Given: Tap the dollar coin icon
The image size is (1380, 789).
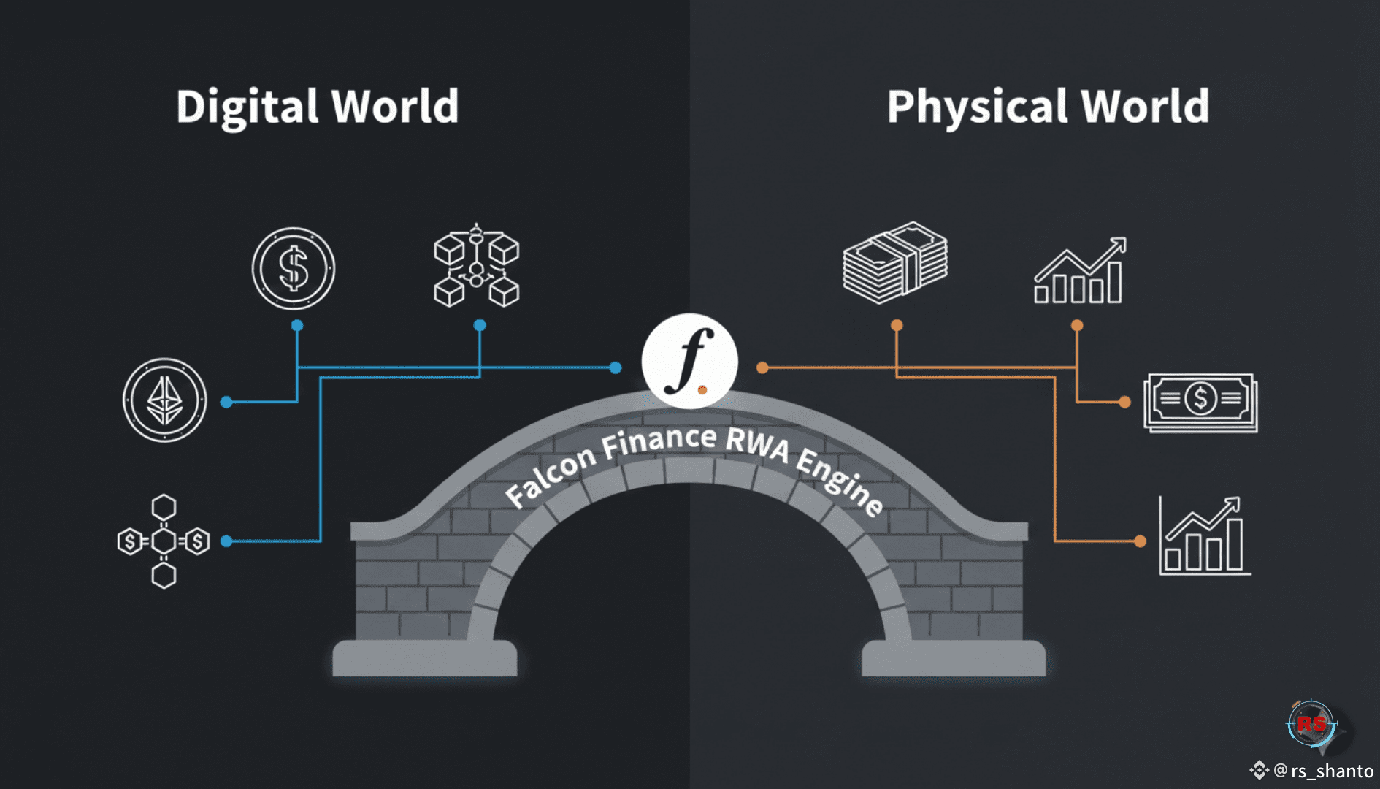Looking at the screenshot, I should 294,268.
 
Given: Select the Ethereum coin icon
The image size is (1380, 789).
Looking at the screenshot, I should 165,400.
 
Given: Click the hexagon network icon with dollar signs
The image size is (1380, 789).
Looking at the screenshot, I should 164,541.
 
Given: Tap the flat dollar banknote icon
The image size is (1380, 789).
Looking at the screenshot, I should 1200,402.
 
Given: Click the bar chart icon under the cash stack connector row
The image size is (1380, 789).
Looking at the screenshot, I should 1079,272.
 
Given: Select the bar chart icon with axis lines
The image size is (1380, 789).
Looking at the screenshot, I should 1203,538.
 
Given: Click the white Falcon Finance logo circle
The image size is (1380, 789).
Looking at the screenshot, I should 689,361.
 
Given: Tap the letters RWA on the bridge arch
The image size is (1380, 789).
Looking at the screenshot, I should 757,443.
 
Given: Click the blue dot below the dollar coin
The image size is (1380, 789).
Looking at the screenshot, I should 297,325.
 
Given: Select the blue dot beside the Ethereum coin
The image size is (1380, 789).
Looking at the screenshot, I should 226,402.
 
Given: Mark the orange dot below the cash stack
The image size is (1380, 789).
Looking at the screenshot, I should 897,325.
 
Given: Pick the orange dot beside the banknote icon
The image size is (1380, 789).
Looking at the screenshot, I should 1124,402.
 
